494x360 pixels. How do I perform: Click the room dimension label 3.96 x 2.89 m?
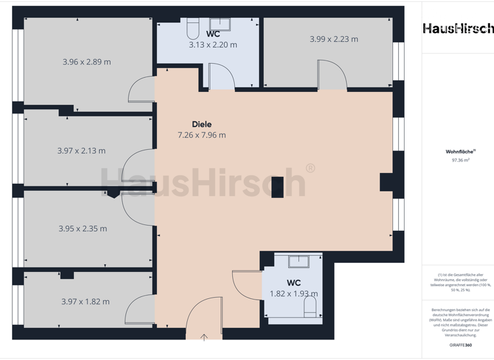click(x=86, y=62)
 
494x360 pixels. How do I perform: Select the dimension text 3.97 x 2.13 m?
click(x=81, y=150)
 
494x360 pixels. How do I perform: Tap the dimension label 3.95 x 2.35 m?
click(x=82, y=228)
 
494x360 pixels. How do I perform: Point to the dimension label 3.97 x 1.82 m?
click(x=85, y=301)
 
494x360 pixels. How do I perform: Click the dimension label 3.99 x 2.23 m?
click(x=334, y=39)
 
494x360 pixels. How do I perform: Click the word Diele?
click(x=201, y=124)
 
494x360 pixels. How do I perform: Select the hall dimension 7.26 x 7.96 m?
click(x=201, y=135)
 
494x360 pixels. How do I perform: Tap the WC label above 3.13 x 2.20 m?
click(x=213, y=33)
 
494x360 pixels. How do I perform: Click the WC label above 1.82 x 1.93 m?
click(x=293, y=283)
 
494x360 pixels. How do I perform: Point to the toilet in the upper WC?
click(x=193, y=29)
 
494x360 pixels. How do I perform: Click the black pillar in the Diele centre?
click(x=277, y=187)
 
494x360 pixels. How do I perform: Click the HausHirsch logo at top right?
click(x=457, y=28)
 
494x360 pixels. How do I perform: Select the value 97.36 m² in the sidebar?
click(x=457, y=160)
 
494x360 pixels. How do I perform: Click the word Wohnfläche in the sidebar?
click(x=456, y=152)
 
